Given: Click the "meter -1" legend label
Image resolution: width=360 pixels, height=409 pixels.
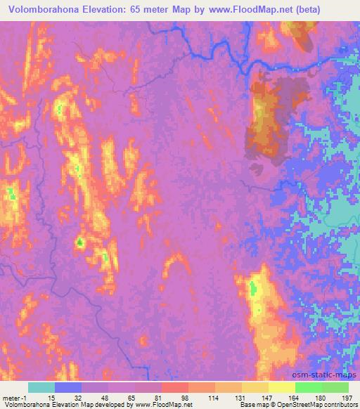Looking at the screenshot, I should [x=14, y=397].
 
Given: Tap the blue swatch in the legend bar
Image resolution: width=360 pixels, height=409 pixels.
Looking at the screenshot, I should [x=67, y=387].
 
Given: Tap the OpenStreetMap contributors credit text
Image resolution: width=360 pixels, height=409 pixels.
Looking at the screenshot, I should [x=309, y=405].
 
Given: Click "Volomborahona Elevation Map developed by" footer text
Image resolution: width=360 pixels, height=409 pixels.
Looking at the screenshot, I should [x=63, y=405].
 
